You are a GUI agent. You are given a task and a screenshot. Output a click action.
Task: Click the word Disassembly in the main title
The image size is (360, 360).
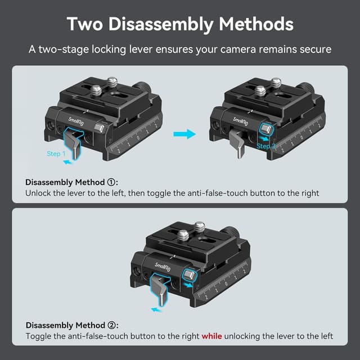coord(161,25)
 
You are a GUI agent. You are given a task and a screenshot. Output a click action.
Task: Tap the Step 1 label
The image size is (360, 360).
coord(56,154)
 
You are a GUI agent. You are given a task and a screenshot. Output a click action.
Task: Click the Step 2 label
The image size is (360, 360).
coord(265,146)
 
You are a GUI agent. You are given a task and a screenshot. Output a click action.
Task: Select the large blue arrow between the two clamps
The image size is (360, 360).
coord(184,134)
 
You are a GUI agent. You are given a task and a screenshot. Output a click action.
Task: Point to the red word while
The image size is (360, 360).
coord(211,336)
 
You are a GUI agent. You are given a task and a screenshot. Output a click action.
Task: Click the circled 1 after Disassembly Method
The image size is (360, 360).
coord(111,182)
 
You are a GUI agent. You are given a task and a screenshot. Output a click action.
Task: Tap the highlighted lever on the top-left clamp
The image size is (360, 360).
coord(73,142)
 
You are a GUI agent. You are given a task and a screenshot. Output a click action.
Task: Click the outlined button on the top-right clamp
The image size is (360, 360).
coord(266,129)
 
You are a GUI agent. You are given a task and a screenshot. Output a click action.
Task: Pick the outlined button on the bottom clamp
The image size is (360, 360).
coord(190,275)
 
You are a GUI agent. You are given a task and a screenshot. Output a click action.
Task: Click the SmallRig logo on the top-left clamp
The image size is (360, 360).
coord(76,121)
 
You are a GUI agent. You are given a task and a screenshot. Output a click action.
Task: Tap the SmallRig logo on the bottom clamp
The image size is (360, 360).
coord(163,267)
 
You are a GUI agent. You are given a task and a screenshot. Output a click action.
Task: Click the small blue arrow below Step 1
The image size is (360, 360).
coord(67,163)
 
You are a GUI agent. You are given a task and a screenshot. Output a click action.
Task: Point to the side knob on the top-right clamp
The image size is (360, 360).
coord(306,88)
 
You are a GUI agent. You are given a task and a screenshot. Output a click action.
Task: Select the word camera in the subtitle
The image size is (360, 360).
coord(238,49)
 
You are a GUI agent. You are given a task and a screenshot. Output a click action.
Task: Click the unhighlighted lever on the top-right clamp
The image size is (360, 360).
coord(237,143)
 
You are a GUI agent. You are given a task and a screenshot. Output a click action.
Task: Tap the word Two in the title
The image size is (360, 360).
coord(85,24)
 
